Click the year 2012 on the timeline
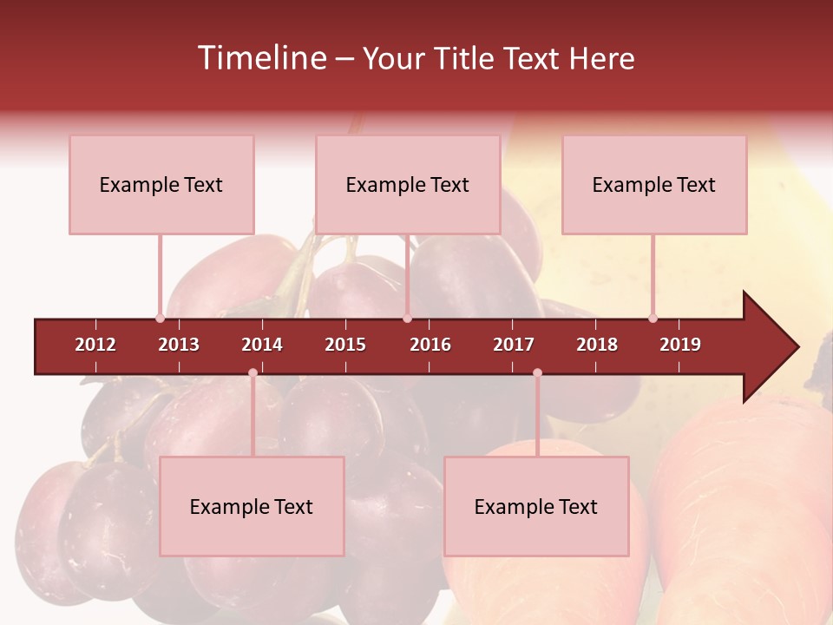pos(95,345)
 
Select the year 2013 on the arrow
pos(179,345)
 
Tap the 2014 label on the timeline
pos(262,345)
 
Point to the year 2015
pos(345,345)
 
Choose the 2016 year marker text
pos(430,345)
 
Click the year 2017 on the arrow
pos(514,345)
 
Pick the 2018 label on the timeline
pos(597,345)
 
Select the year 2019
pos(680,345)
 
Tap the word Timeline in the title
pos(260,58)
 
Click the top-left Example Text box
pos(161,184)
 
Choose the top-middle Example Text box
pos(408,184)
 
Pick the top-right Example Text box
pos(654,184)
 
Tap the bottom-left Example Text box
pos(252,506)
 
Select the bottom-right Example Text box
pos(536,506)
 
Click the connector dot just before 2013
pos(161,319)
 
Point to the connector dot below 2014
pos(253,373)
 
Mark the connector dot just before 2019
pos(653,319)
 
